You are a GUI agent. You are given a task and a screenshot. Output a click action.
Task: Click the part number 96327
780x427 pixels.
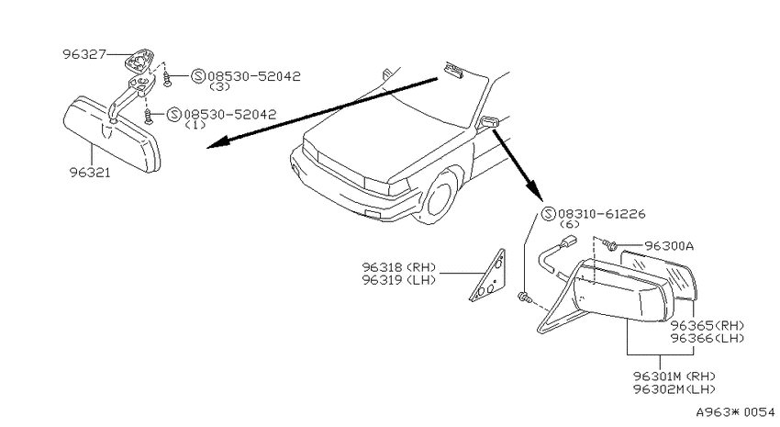(x=84, y=54)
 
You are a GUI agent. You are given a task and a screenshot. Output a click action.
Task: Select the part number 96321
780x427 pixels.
(x=90, y=173)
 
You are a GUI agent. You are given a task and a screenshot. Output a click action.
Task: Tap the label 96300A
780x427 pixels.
(x=669, y=246)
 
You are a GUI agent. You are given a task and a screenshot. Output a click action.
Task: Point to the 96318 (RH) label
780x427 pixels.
(x=399, y=267)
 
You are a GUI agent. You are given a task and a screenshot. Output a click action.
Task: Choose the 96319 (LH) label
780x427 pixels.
(x=399, y=280)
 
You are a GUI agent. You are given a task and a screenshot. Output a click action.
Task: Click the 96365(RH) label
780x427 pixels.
(x=708, y=325)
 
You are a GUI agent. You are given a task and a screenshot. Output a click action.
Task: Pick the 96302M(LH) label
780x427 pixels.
(x=674, y=389)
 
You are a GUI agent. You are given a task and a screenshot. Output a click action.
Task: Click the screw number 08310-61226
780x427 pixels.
(x=602, y=214)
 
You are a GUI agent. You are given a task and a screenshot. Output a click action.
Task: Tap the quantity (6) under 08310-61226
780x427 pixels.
(x=570, y=224)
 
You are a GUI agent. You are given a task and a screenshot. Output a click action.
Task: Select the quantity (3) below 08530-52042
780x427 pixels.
(x=219, y=86)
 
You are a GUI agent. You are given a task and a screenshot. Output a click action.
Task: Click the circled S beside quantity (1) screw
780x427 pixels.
(x=174, y=115)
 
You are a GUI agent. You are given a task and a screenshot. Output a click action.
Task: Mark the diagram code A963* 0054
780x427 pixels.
(x=735, y=412)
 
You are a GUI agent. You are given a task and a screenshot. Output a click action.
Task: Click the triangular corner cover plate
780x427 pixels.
(x=488, y=276)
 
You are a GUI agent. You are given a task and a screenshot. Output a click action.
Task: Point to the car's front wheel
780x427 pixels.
(x=436, y=197)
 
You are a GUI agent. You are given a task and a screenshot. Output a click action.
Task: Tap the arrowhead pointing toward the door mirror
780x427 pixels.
(x=534, y=191)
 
